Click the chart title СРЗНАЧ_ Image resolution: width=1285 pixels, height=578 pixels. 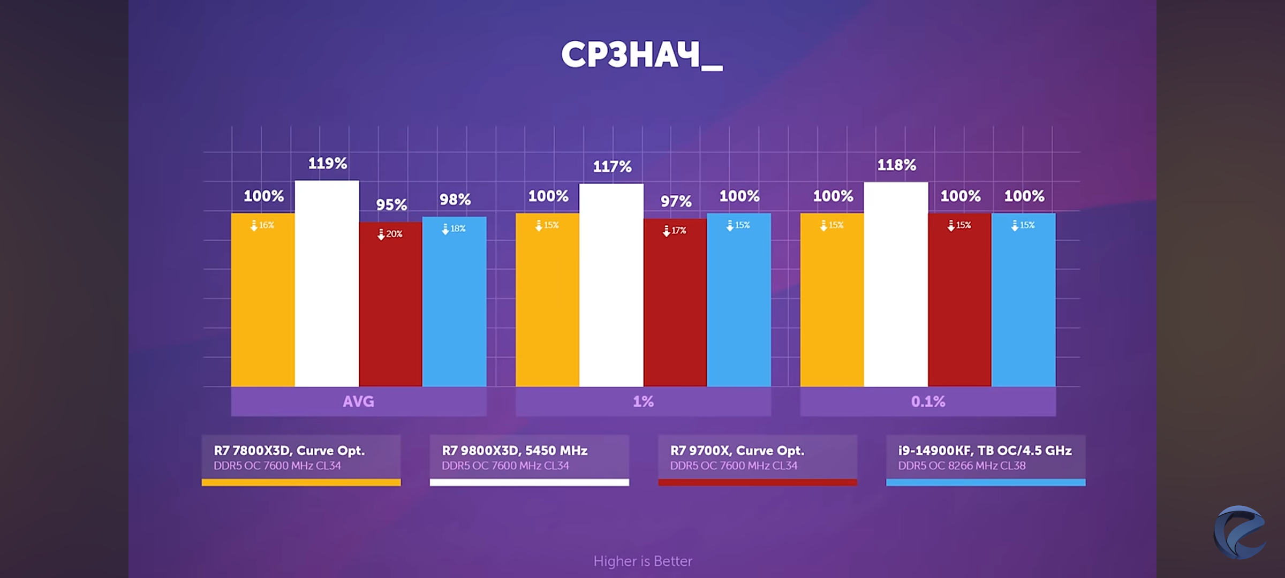click(x=641, y=55)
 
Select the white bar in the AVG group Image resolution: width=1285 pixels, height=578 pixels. click(x=327, y=284)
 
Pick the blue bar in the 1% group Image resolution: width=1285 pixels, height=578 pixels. click(x=739, y=300)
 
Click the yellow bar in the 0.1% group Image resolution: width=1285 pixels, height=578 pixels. click(x=832, y=300)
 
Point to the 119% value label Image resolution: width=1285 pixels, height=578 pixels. click(x=327, y=163)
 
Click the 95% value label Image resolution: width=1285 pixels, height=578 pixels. click(x=391, y=204)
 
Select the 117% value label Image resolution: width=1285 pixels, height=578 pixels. click(x=612, y=166)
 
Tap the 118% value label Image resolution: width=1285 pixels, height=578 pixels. click(x=896, y=165)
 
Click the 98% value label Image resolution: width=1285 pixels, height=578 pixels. click(x=455, y=199)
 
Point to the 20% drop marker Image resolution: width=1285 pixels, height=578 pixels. click(x=390, y=234)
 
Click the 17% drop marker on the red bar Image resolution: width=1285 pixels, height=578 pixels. click(x=675, y=231)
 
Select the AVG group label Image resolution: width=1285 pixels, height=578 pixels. click(x=359, y=401)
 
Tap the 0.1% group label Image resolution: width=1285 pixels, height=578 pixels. click(x=928, y=401)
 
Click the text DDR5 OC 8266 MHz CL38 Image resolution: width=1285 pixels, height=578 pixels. click(x=962, y=466)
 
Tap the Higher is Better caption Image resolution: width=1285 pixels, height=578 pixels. click(x=642, y=561)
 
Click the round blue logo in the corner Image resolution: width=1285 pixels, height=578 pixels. click(x=1239, y=532)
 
